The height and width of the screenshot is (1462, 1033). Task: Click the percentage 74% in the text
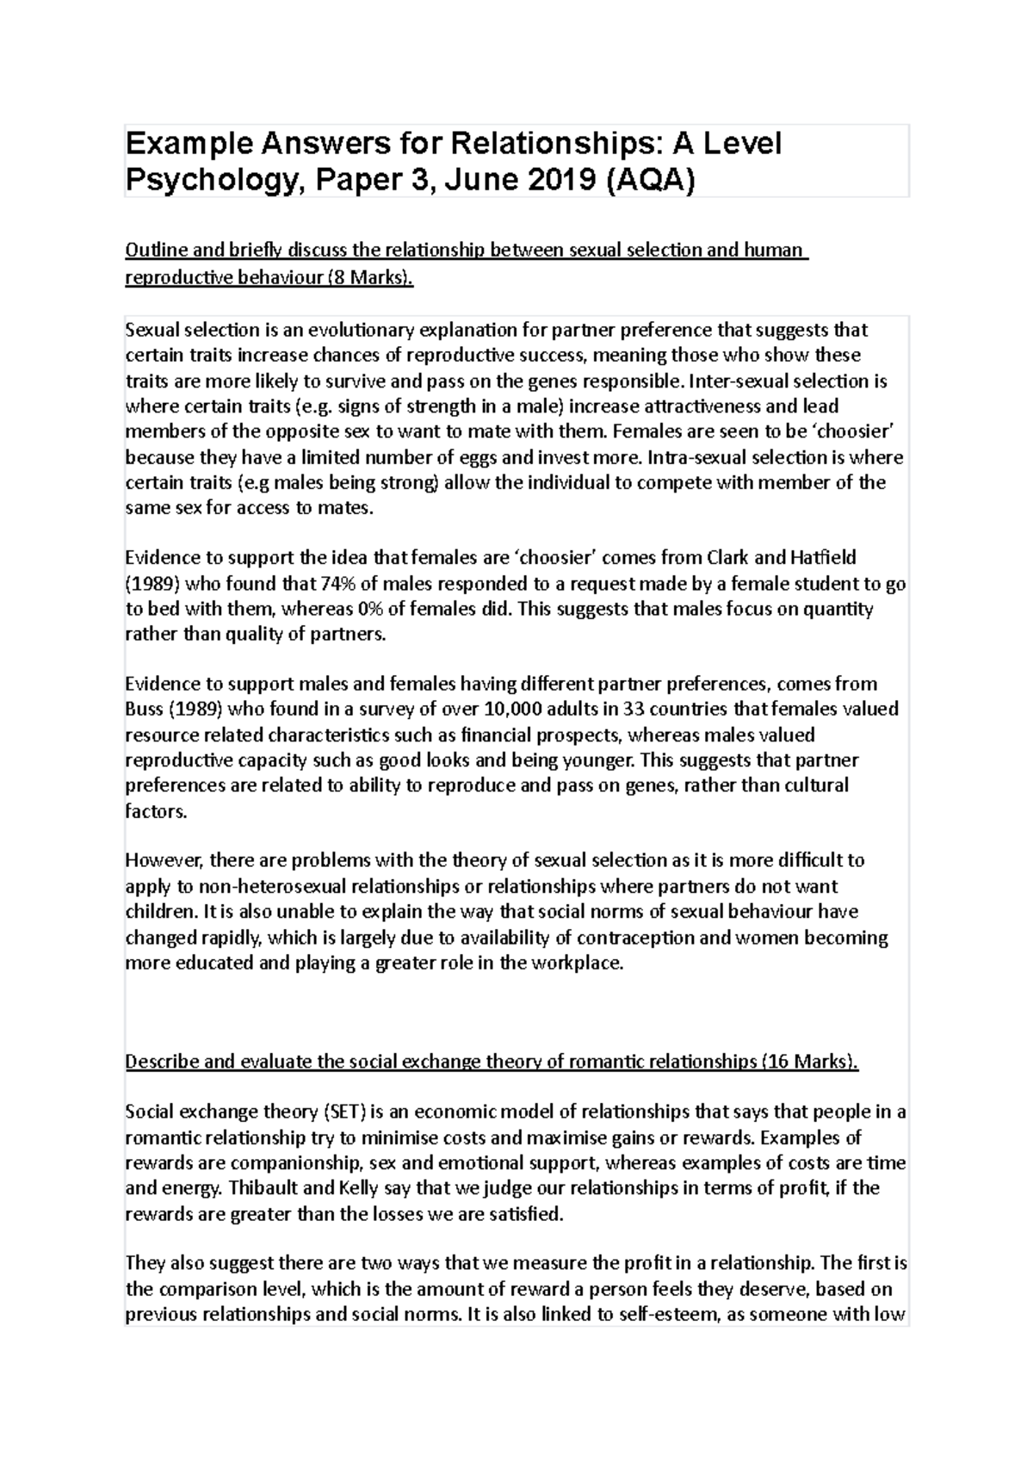click(x=337, y=584)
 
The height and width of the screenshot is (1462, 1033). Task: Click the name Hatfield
click(x=816, y=558)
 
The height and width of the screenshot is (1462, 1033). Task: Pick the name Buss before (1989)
click(x=144, y=709)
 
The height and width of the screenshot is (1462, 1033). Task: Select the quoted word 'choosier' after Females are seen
click(x=862, y=431)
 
